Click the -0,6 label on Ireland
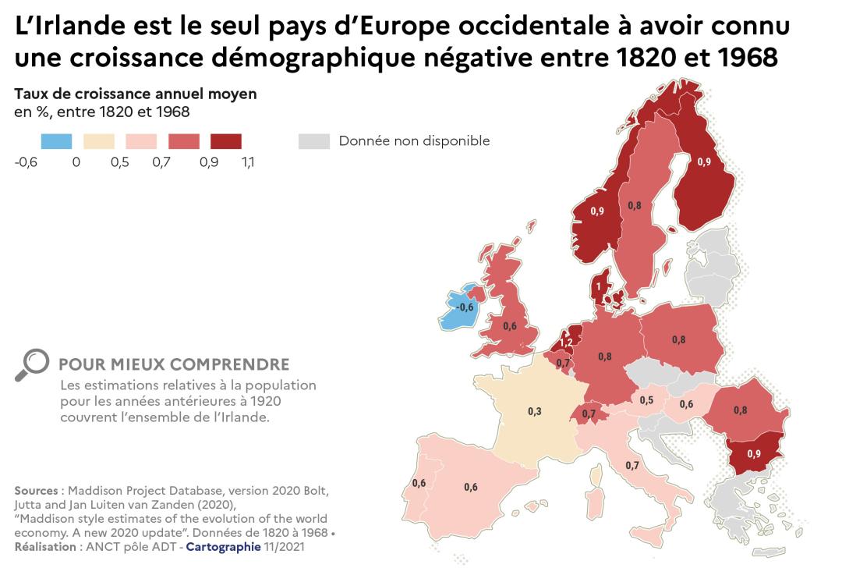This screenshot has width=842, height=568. coord(465,307)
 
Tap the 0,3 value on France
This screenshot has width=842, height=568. coord(535,411)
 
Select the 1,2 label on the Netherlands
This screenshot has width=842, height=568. coord(567,343)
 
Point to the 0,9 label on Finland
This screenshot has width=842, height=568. coord(703,162)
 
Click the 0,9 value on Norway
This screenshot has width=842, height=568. coord(597,211)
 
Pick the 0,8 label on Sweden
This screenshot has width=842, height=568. coord(635,206)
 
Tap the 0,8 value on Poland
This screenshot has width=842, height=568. coord(678,339)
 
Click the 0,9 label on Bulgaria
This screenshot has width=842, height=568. coord(755,453)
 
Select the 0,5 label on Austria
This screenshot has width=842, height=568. coord(646,400)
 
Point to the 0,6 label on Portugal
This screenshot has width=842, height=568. coord(419,483)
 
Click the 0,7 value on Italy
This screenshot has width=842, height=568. coord(632,466)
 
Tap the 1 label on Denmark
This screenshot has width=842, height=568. coord(599,286)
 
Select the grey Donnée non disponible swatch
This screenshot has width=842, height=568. coord(314,141)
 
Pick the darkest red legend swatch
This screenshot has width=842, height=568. coord(225,141)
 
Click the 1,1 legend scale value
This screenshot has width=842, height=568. coord(248,162)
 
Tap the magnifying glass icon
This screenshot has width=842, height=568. coord(30,365)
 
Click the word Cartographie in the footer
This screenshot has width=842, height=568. coord(222,546)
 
